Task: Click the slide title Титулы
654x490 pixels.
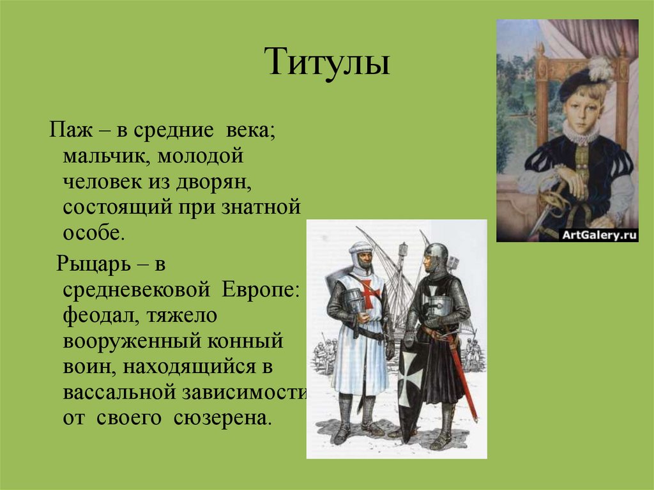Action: point(328,61)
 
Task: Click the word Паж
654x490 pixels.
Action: point(70,130)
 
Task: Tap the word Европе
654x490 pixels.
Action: point(261,289)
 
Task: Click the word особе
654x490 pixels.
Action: point(94,233)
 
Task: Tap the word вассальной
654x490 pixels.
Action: point(118,392)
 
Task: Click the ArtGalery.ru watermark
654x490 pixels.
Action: point(599,235)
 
